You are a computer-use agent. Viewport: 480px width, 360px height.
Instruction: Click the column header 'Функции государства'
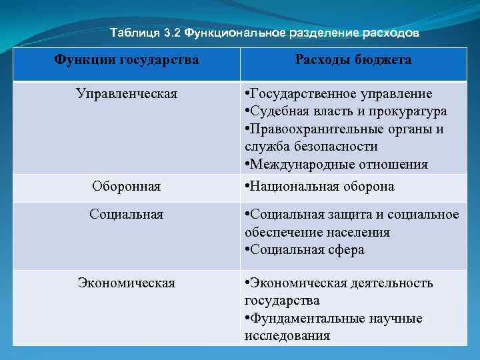[126, 60]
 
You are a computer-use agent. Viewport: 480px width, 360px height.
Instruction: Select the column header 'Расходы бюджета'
[353, 60]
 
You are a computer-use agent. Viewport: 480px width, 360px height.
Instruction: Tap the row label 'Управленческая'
[126, 93]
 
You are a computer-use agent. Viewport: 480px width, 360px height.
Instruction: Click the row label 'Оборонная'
[126, 187]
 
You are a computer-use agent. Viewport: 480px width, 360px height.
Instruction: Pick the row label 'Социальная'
[126, 214]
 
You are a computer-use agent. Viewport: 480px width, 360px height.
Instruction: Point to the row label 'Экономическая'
[126, 283]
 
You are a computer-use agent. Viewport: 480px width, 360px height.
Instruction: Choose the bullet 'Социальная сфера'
[307, 250]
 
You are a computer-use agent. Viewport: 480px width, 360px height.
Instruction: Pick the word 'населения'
[353, 233]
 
